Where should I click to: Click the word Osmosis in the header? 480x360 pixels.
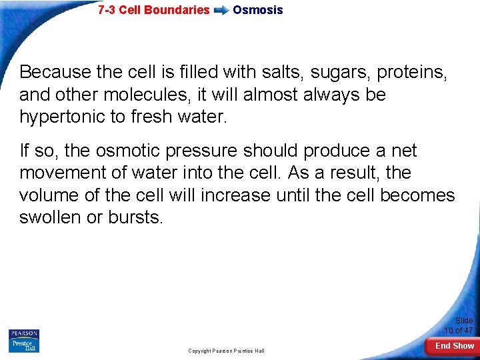(x=257, y=10)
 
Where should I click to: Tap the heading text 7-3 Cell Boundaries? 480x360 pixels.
(x=153, y=10)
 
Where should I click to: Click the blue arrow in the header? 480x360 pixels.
(x=221, y=11)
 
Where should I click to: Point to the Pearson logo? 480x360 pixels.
(x=24, y=333)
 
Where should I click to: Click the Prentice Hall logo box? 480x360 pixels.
(x=24, y=345)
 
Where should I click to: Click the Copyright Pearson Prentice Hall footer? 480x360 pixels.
(x=226, y=351)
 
